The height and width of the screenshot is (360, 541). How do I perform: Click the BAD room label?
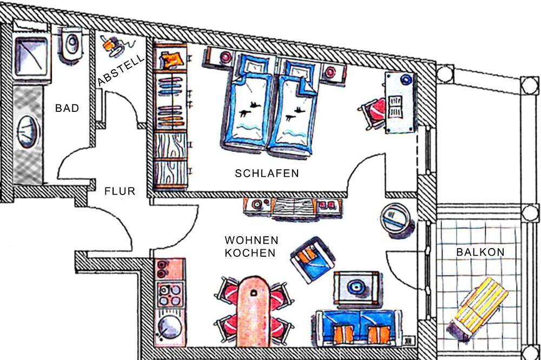point(67,108)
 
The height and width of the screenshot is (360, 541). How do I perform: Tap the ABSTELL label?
point(121,70)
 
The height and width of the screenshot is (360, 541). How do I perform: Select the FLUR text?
point(120,191)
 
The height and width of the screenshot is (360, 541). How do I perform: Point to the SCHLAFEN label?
point(267,173)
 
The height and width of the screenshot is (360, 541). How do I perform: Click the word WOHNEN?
point(252,240)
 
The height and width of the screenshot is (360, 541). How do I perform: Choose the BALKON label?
point(480,252)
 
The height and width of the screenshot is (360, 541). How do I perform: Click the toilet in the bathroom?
point(72,45)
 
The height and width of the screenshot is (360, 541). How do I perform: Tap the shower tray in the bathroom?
point(31,57)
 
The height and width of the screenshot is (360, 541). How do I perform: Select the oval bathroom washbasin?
point(27,132)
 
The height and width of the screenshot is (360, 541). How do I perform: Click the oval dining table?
point(254,311)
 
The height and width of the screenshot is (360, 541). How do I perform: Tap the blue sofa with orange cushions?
point(359,328)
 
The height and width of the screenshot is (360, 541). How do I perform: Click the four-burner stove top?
point(169,294)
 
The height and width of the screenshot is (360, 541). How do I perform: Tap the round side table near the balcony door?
point(397,219)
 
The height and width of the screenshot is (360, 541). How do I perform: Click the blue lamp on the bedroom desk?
point(406,79)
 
